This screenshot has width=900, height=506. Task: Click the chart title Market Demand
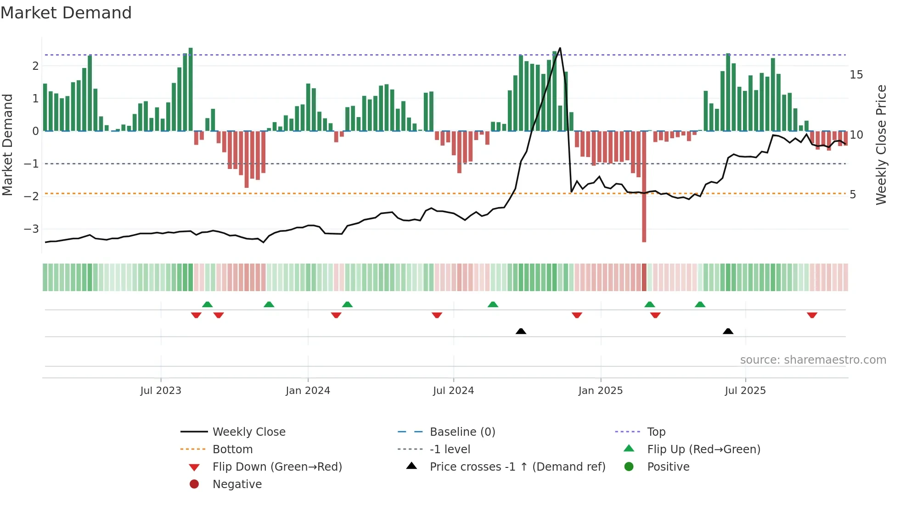point(66,13)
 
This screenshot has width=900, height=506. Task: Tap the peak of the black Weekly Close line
point(560,48)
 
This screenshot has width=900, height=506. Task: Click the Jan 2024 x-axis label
point(308,391)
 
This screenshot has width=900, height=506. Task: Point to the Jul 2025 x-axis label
point(745,391)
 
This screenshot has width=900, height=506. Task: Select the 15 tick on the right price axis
point(856,74)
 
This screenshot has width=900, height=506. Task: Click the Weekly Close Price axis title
point(881,145)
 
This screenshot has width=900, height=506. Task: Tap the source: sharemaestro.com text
point(813,360)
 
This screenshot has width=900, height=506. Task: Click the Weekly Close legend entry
point(248,432)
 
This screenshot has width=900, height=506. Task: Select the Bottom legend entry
point(232,450)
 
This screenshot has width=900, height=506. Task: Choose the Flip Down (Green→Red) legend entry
point(277,467)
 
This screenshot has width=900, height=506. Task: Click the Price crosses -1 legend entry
point(517,467)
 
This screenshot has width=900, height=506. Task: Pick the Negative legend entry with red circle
point(237,484)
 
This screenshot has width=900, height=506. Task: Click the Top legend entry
point(656,432)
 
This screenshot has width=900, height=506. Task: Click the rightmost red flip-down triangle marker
point(812,315)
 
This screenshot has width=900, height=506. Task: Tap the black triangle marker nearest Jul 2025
point(728,331)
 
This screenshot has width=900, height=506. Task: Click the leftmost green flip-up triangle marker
point(207,304)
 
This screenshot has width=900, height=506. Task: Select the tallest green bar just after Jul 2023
point(191,90)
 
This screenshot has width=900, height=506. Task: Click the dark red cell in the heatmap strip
point(644,277)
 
